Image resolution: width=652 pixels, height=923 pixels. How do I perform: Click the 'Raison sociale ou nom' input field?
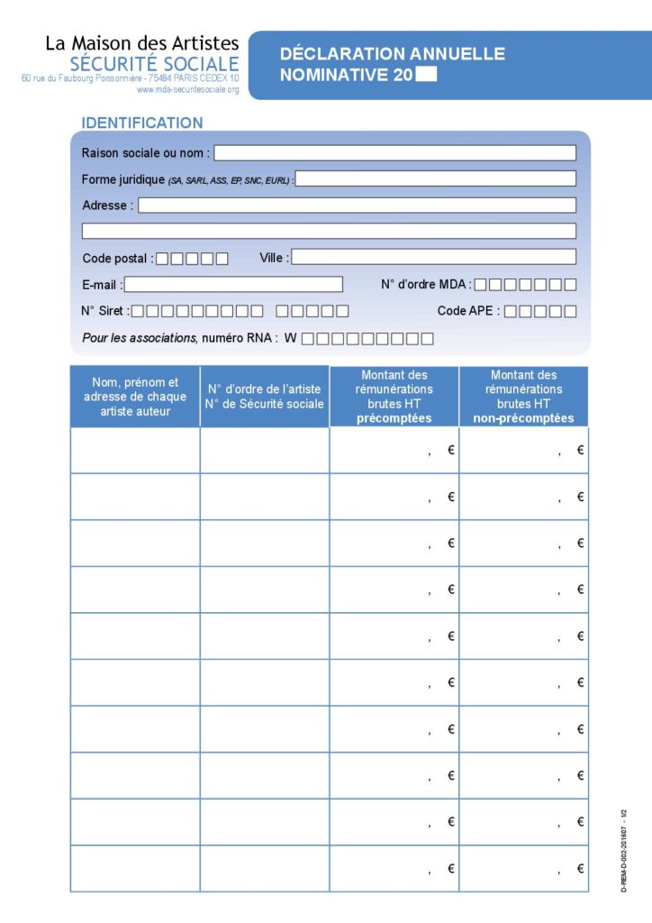(x=394, y=153)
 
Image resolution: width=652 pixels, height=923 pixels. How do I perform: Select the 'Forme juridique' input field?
(x=436, y=178)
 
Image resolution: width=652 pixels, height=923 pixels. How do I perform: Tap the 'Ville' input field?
(x=433, y=257)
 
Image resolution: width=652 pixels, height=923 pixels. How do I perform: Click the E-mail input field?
(x=233, y=285)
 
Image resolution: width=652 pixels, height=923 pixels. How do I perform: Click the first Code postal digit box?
(x=163, y=259)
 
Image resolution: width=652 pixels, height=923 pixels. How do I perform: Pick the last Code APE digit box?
(x=570, y=312)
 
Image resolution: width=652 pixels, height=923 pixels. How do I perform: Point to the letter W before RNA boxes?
(x=291, y=339)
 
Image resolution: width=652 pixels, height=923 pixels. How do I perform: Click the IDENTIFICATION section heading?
(x=142, y=123)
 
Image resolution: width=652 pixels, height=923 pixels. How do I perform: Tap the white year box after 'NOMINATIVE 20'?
(x=427, y=75)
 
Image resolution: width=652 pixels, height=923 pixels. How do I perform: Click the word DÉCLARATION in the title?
(x=341, y=54)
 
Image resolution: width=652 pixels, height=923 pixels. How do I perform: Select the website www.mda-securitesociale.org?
(x=187, y=90)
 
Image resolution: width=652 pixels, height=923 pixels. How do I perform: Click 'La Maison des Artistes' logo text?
(x=142, y=42)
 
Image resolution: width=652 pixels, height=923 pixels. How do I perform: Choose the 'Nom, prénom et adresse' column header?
(x=135, y=397)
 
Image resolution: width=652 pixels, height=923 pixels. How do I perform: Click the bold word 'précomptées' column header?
(x=394, y=418)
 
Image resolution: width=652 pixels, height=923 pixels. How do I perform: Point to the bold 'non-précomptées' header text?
(x=523, y=418)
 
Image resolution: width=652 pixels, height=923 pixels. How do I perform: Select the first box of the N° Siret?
(x=139, y=312)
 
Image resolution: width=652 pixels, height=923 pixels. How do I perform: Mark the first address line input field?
(x=357, y=206)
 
